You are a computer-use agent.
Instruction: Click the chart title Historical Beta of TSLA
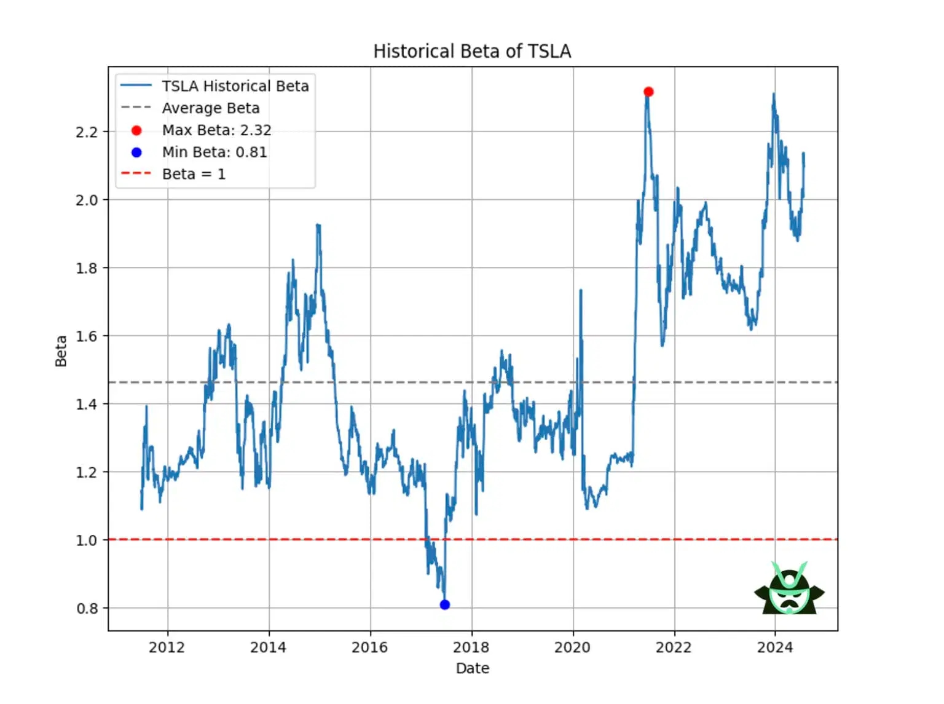[472, 51]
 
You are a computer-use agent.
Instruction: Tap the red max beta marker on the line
[648, 92]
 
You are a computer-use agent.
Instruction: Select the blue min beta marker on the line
[445, 604]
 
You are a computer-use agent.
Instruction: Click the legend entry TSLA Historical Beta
[235, 86]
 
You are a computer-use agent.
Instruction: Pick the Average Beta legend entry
[210, 108]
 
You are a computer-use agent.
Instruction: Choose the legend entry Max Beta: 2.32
[216, 130]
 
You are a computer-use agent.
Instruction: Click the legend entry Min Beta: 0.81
[214, 152]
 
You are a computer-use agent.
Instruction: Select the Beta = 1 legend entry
[194, 175]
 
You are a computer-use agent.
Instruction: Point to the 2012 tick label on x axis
[167, 647]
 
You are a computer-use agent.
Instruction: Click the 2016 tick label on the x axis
[369, 647]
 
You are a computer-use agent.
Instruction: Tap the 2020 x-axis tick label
[572, 647]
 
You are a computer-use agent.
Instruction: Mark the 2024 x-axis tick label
[775, 647]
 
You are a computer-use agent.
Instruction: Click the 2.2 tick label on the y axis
[87, 132]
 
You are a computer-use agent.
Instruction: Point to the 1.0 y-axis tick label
[87, 540]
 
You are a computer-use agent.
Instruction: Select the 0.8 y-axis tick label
[87, 609]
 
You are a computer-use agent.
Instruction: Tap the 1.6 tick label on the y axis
[87, 336]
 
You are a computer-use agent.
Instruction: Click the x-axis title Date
[472, 668]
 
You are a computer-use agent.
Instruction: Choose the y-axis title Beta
[61, 351]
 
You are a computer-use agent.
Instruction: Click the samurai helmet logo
[789, 588]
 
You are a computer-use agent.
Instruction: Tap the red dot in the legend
[136, 130]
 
